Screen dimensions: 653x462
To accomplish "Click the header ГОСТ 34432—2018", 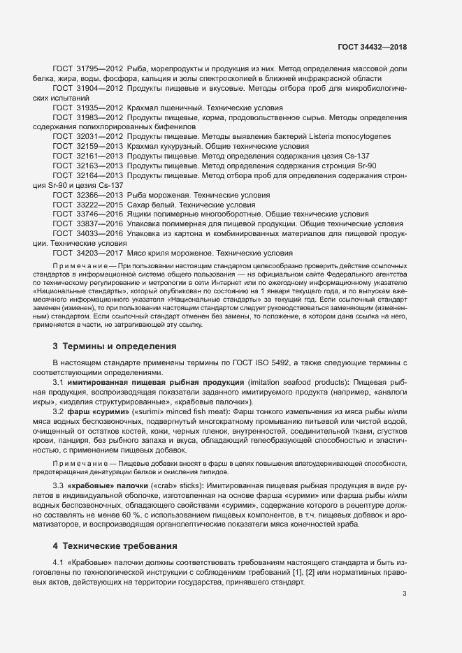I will pyautogui.click(x=372, y=47).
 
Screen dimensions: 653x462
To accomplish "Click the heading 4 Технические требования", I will pyautogui.click(x=115, y=545).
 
